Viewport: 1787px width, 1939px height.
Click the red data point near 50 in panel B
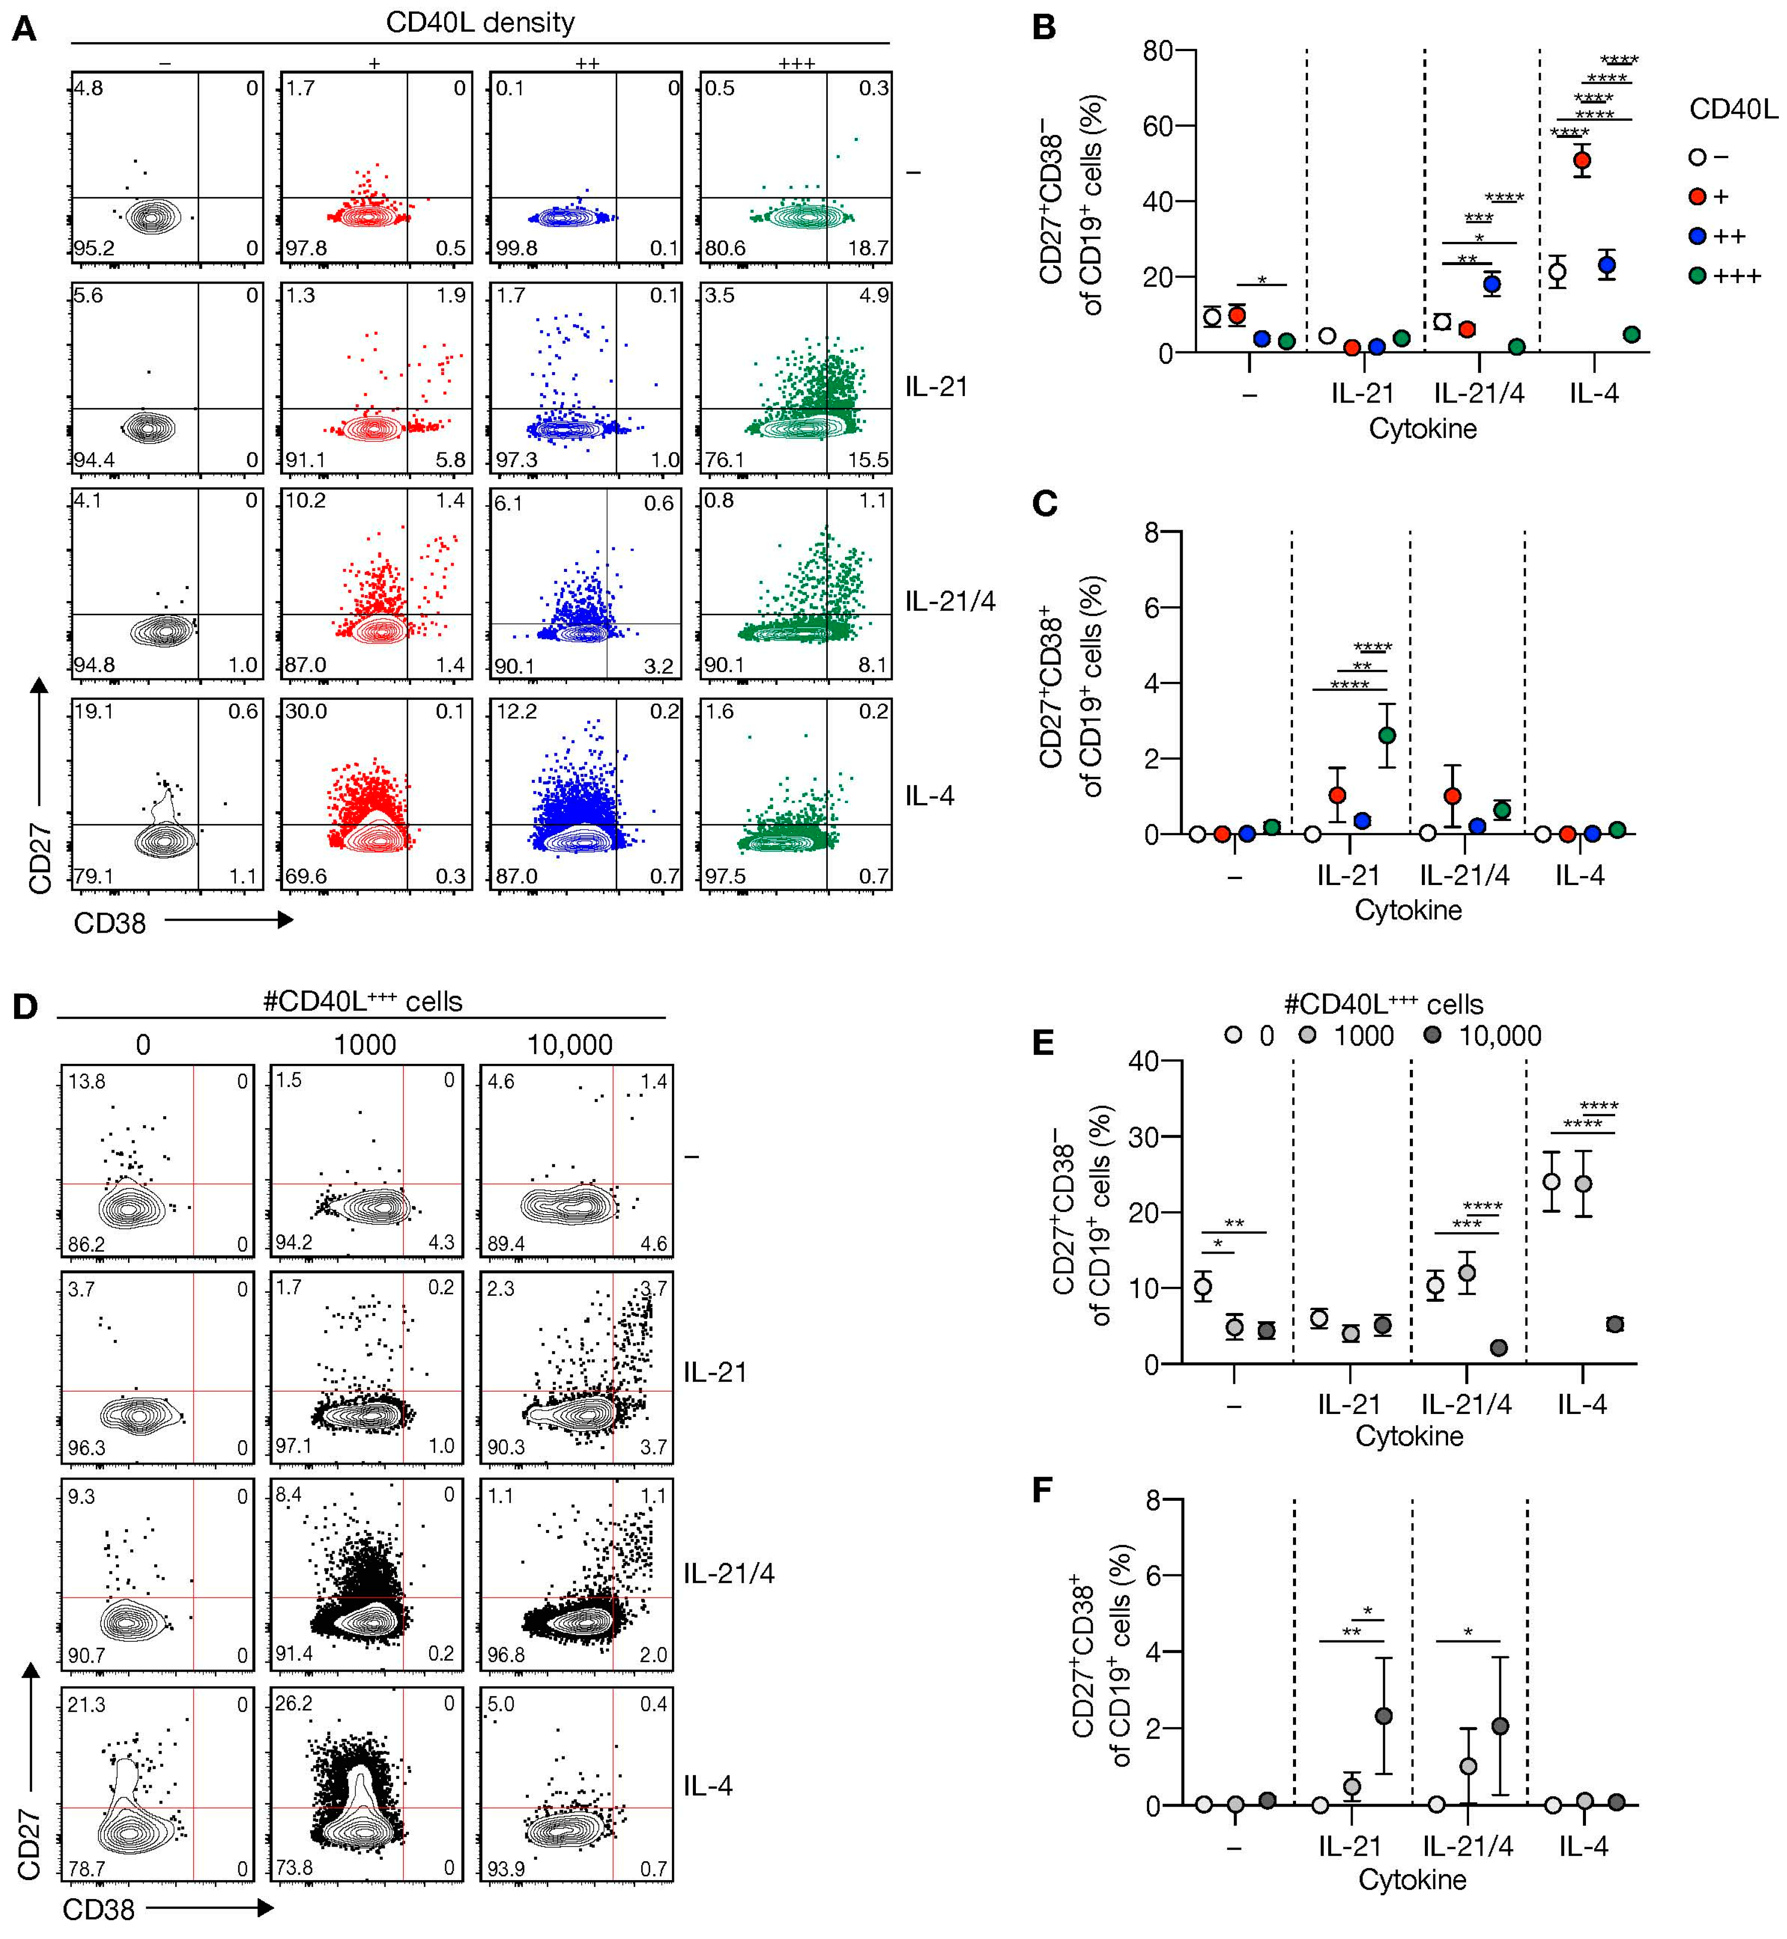1581,161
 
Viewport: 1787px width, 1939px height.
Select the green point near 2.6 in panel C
1387,735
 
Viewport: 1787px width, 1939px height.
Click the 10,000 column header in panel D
570,1044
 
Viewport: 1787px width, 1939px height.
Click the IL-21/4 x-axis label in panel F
1467,1846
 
